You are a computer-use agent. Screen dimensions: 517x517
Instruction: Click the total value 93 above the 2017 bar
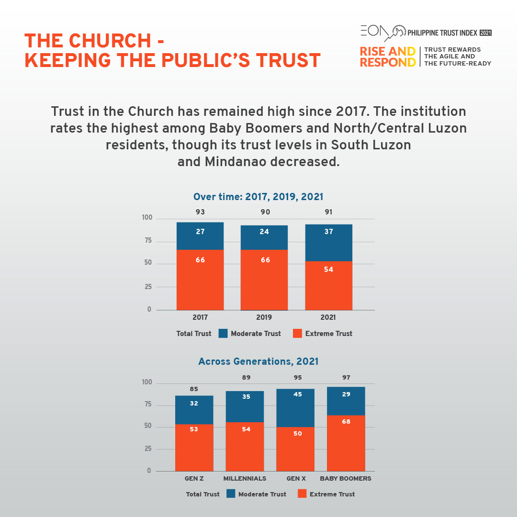click(200, 212)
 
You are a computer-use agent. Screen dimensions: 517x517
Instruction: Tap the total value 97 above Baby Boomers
click(346, 378)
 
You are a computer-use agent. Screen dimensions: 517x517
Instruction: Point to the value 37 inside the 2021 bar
click(328, 232)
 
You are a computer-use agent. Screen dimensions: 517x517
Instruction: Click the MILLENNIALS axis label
click(245, 478)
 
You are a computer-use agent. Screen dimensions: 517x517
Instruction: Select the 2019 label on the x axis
click(264, 317)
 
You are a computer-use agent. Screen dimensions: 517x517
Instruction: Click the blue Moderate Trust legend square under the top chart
click(223, 333)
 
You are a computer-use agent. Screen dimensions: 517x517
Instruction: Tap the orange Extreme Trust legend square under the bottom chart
click(302, 494)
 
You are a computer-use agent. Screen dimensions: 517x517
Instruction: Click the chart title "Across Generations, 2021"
click(258, 361)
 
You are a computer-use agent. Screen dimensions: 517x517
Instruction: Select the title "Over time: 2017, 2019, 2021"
click(258, 197)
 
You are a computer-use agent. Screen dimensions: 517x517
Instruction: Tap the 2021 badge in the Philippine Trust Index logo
click(485, 33)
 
